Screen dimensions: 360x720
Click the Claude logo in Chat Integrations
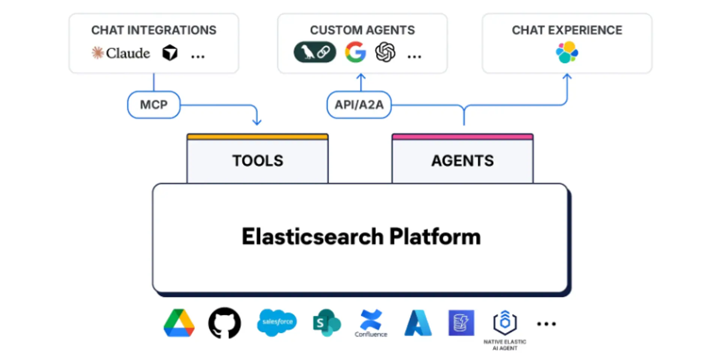point(121,53)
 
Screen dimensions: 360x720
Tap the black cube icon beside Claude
point(170,53)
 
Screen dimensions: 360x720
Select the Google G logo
point(355,52)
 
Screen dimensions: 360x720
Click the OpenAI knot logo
point(385,52)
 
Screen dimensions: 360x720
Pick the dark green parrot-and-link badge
point(315,52)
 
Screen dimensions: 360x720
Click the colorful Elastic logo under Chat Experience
point(567,52)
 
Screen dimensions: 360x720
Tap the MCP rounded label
point(154,105)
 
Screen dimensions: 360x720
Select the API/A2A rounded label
point(359,105)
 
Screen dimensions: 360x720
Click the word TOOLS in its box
point(258,161)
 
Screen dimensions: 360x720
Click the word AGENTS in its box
point(462,161)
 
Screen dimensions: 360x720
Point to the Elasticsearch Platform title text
point(361,237)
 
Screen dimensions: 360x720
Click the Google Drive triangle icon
point(179,323)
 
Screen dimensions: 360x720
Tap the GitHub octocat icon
point(225,323)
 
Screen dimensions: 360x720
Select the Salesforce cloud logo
point(277,322)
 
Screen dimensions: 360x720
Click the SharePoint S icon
point(326,322)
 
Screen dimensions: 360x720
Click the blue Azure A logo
point(418,323)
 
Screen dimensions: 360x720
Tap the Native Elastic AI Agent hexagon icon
point(505,322)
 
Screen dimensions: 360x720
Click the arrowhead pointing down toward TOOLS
point(257,121)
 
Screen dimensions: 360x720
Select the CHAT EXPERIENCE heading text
point(567,30)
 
